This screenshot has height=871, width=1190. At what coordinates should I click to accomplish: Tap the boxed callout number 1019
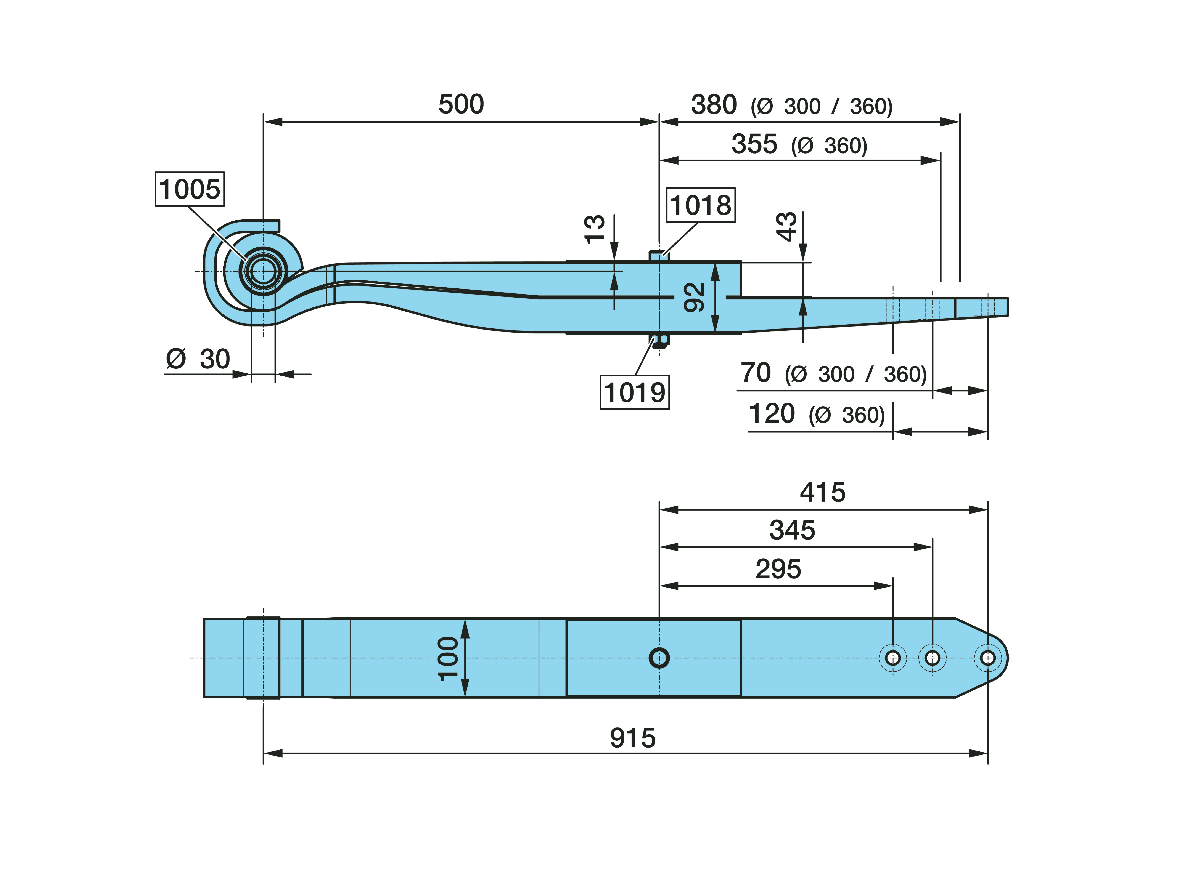(x=635, y=392)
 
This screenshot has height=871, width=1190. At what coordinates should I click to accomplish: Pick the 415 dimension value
(x=822, y=492)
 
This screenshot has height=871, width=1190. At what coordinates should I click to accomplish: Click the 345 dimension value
(x=792, y=530)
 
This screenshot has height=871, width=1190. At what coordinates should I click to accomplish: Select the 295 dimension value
(x=778, y=569)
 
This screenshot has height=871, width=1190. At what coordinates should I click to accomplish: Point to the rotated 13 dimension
(x=595, y=229)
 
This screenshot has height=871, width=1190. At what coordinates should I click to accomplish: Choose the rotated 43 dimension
(x=787, y=227)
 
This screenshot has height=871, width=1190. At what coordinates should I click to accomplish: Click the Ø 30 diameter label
(x=198, y=359)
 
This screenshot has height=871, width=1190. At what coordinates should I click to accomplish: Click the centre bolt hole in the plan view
(x=659, y=658)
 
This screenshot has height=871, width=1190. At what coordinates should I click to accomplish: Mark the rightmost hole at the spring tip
(x=987, y=658)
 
